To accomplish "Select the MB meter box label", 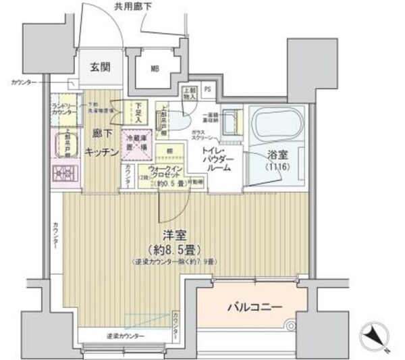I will click(155, 68).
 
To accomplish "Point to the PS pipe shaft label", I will click(207, 89).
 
